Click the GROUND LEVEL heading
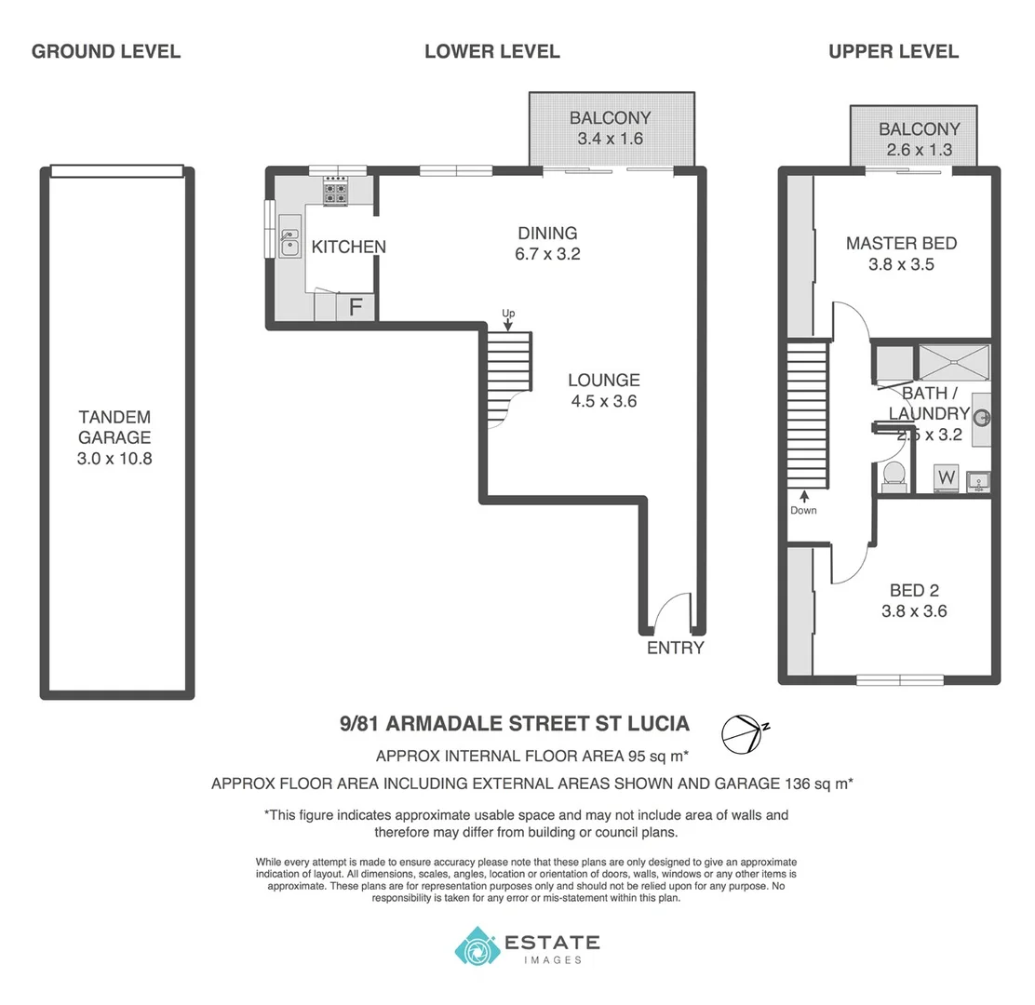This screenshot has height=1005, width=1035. tap(106, 51)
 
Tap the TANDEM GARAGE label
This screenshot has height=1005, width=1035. tap(115, 427)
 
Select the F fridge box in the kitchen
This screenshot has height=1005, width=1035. tap(356, 306)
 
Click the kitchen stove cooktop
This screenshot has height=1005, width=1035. tap(335, 193)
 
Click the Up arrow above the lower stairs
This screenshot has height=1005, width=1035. tap(508, 318)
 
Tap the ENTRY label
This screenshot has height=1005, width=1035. tap(676, 648)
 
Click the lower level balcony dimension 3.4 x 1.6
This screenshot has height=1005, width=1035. tap(610, 139)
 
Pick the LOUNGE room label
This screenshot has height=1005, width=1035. tap(604, 380)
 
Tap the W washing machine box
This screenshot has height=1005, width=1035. tap(947, 477)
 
